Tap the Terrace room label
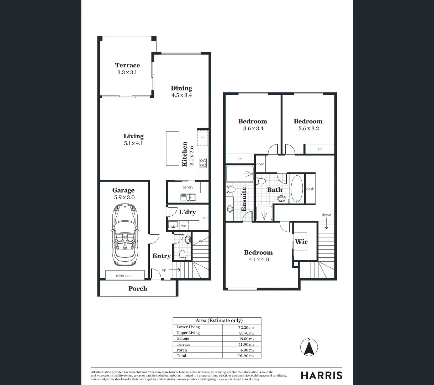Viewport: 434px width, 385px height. coord(127,65)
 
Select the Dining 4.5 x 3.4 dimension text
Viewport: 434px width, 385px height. coord(181,95)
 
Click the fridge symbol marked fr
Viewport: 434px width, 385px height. coord(202,138)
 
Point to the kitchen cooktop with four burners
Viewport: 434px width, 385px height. coord(203,163)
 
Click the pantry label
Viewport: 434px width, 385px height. coord(188,187)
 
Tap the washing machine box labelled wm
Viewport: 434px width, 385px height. coord(184,226)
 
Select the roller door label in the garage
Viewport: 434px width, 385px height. coord(125,276)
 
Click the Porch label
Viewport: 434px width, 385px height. coord(138,288)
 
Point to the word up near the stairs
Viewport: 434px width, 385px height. coord(164,270)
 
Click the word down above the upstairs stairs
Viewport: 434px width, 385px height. coord(326,215)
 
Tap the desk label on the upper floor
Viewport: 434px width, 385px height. coord(310,189)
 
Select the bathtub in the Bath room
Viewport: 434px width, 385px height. coord(297,189)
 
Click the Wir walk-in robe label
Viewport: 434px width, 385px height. coord(301,242)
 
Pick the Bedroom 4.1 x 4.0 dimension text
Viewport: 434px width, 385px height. coord(258,260)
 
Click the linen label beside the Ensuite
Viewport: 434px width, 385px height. coord(260,164)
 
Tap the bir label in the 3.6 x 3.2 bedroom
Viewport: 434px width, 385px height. coord(319,149)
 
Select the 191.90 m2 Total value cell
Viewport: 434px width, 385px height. coord(242,356)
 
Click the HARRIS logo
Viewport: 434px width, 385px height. coord(322,375)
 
